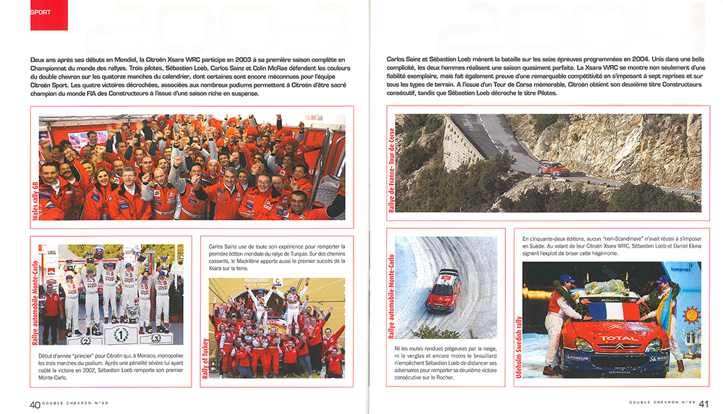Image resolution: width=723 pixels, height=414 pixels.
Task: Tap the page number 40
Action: (34, 404)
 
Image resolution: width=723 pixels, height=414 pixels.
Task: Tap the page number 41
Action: (703, 404)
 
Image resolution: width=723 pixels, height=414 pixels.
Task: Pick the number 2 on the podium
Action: (87, 340)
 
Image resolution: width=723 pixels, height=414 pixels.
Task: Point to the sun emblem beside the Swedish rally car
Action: (691, 315)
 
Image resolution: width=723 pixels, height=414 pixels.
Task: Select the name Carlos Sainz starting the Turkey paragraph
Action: (226, 246)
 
